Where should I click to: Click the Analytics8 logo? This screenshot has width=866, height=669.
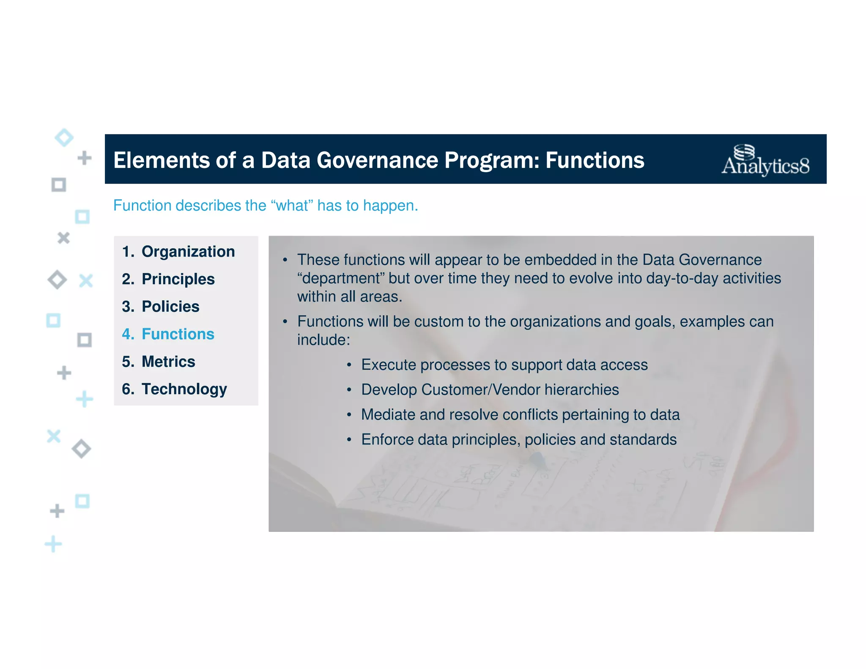pos(765,160)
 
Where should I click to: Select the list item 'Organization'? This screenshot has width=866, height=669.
pos(188,252)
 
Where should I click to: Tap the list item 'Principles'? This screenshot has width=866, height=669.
pos(178,279)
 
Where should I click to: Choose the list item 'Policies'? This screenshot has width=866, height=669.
pos(170,307)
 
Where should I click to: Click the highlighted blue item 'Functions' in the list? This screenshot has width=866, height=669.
pos(178,334)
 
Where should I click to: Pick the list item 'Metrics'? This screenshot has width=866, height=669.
pos(168,362)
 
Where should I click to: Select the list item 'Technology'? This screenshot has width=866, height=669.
pos(184,389)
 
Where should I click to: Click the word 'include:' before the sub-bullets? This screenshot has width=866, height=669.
pos(323,340)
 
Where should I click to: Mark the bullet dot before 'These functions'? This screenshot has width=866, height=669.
pos(285,260)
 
